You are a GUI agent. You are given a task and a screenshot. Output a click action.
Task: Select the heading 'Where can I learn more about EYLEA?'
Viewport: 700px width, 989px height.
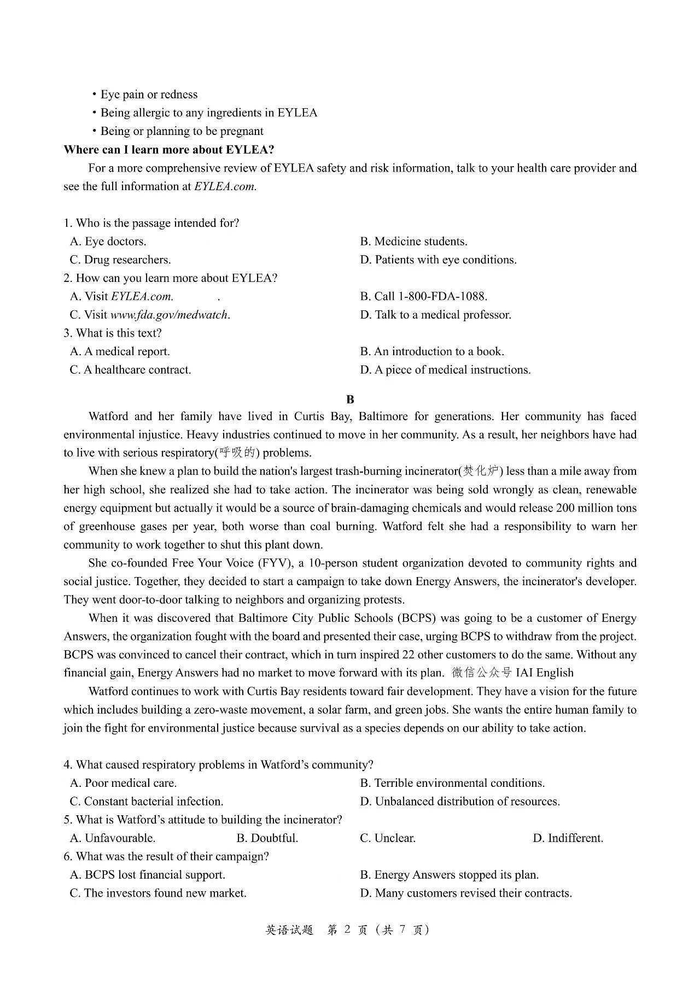click(x=169, y=150)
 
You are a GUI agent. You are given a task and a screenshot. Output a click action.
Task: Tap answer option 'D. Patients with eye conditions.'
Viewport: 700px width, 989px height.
click(x=438, y=260)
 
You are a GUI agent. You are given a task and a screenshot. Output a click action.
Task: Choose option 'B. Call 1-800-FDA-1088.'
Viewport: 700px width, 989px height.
click(x=423, y=296)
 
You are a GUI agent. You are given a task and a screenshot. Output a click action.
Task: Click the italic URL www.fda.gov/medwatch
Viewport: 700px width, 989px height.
click(x=170, y=315)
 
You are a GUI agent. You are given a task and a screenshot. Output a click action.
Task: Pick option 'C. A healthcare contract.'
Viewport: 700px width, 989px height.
click(x=130, y=370)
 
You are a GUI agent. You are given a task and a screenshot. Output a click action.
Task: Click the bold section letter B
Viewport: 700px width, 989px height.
click(x=350, y=399)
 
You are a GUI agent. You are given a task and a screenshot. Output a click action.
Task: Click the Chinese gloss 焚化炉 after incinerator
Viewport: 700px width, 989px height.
click(x=481, y=471)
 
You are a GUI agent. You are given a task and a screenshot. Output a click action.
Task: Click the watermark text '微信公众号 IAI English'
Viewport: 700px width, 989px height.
click(x=512, y=673)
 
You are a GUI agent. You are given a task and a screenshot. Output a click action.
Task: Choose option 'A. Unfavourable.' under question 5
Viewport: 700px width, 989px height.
click(x=113, y=838)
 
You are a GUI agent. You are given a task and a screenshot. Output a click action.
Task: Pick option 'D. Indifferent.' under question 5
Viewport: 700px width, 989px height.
click(x=568, y=838)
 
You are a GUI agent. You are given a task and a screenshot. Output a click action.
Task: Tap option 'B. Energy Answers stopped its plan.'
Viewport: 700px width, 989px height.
click(x=449, y=875)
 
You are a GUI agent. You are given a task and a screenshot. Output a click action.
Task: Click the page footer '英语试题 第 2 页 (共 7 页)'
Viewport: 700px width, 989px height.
click(x=347, y=930)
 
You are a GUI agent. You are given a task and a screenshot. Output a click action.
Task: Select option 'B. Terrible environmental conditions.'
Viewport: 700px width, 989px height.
click(x=452, y=783)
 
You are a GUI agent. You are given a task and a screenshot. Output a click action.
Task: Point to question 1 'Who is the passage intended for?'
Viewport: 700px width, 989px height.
click(x=151, y=223)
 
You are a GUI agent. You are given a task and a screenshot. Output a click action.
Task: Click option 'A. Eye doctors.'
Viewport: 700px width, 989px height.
click(x=108, y=242)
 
